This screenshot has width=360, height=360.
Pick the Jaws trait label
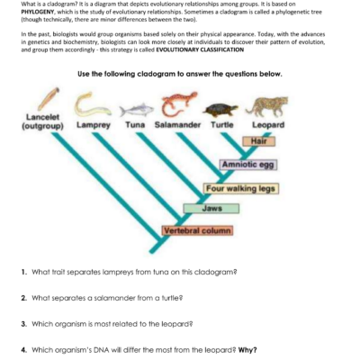click(212, 208)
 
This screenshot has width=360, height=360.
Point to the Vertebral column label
click(197, 230)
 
